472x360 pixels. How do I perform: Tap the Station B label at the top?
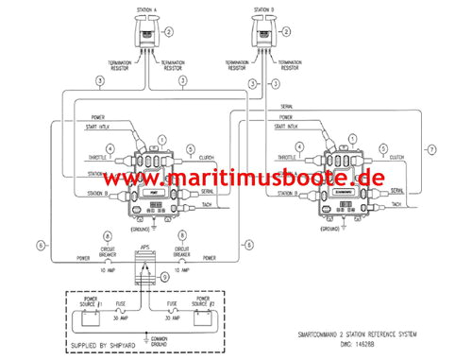pos(264,10)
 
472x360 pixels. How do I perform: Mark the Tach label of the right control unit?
pos(396,204)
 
